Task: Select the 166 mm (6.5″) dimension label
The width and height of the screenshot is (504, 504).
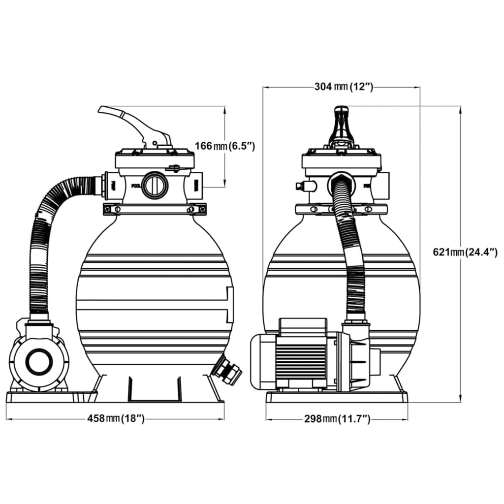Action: (225, 146)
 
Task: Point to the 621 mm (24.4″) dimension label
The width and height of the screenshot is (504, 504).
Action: (465, 252)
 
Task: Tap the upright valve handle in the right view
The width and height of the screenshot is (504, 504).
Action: (341, 126)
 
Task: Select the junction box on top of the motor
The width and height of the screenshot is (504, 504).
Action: (303, 326)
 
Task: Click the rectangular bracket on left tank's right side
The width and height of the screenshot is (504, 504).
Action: (229, 305)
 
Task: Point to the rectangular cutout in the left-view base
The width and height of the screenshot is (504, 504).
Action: (154, 389)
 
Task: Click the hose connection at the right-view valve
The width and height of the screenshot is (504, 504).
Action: (340, 181)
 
